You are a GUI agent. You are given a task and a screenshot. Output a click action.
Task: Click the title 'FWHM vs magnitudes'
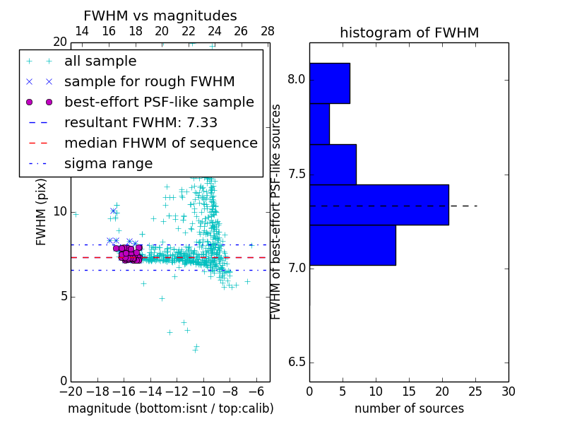tap(160, 16)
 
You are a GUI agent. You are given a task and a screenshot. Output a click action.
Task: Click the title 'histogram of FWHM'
tap(409, 33)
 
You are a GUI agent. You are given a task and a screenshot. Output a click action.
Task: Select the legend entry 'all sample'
tap(100, 61)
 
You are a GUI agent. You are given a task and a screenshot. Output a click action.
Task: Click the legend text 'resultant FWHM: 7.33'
tap(141, 122)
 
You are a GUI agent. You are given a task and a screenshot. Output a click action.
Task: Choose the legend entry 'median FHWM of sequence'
tap(160, 143)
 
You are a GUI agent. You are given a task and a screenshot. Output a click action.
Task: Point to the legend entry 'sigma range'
tap(108, 163)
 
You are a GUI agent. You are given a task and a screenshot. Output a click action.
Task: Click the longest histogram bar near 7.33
tap(379, 204)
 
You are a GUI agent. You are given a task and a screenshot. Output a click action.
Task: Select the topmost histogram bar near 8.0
tap(329, 83)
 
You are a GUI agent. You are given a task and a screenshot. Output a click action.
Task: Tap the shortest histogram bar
tap(319, 124)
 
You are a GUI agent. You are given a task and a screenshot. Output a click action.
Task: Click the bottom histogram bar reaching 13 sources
tap(352, 245)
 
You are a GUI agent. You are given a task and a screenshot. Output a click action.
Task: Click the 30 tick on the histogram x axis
tap(508, 391)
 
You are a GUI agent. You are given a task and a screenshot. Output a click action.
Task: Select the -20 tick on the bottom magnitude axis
tap(71, 391)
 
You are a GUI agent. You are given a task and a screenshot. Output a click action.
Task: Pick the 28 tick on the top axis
tap(268, 31)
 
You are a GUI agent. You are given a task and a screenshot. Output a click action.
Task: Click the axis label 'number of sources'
tap(409, 408)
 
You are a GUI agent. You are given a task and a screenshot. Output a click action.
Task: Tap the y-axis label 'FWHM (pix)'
tap(42, 211)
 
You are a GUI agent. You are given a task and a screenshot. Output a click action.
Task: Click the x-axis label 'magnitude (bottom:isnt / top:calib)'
tap(170, 408)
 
